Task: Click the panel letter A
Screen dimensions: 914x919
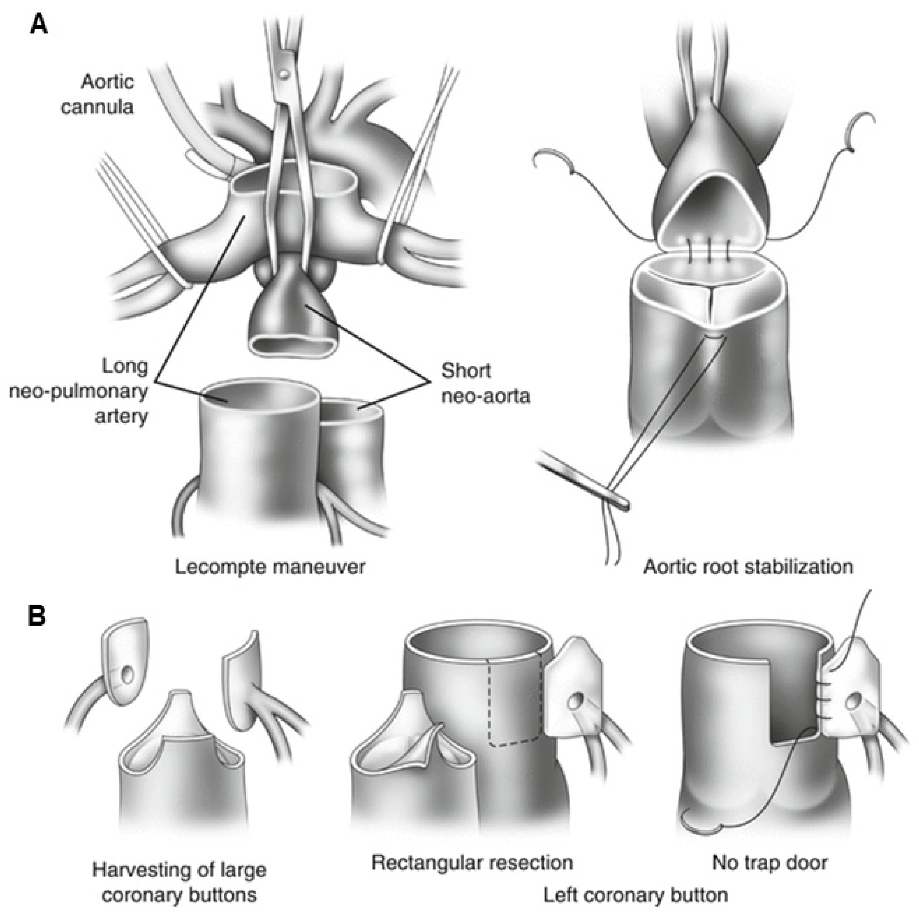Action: tap(39, 23)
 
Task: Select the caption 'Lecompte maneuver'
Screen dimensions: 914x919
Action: tap(270, 567)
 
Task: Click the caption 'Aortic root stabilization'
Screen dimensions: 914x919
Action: tap(748, 567)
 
